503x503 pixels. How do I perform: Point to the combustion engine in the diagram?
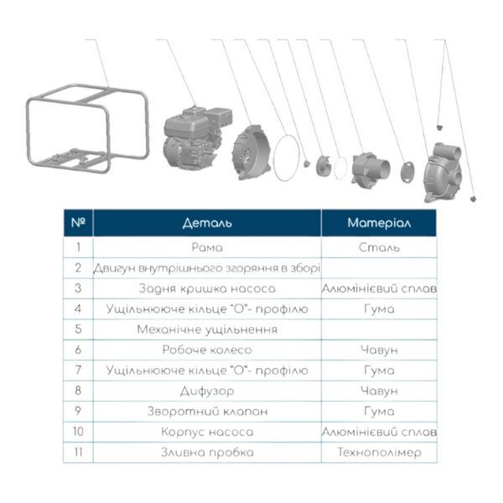click(197, 137)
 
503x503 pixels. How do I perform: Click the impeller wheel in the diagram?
click(323, 165)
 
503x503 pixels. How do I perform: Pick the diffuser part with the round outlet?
click(371, 170)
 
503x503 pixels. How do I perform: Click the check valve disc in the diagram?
click(407, 172)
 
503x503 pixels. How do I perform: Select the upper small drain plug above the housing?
click(439, 127)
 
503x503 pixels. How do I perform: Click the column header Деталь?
click(207, 223)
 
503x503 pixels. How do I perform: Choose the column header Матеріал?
click(379, 223)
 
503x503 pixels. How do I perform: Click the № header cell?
click(78, 223)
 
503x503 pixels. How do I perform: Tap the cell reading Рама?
click(207, 247)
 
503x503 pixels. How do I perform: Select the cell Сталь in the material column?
click(379, 247)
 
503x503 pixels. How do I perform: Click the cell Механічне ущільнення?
click(207, 329)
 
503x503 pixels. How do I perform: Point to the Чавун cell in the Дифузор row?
click(379, 391)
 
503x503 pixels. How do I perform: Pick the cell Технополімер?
click(379, 453)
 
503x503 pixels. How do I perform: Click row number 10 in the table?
click(78, 432)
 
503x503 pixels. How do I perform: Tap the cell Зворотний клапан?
click(207, 412)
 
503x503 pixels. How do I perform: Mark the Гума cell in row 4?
click(379, 309)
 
